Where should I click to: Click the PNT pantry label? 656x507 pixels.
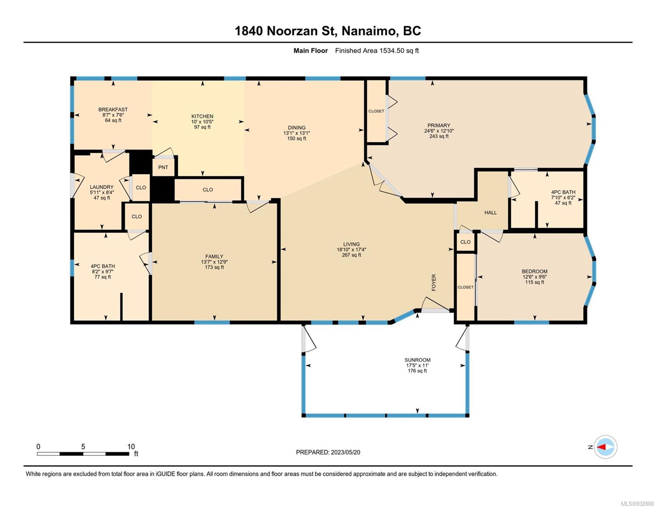pos(163,167)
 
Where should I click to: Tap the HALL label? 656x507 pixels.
pos(490,213)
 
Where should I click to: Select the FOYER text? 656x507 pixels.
pos(434,282)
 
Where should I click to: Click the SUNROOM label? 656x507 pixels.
pos(417,360)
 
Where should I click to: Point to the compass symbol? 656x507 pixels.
pos(605,447)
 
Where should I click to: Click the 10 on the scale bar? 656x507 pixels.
pos(131,447)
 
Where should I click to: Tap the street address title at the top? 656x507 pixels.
pos(328,31)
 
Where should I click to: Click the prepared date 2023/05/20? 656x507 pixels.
pos(346,452)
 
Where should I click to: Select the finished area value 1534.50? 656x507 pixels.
pos(392,51)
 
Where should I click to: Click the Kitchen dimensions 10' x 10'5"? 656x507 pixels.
pos(202,122)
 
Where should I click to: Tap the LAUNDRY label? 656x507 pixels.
pos(102,187)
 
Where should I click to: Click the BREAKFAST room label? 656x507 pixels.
pos(113,109)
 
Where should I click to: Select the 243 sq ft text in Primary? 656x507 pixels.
pos(439,136)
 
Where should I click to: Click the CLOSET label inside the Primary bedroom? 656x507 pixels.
pos(376,111)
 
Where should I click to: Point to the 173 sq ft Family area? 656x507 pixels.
pos(214,267)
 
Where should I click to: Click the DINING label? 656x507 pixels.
pos(297,128)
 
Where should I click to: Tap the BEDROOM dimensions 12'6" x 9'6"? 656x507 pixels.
pos(535,277)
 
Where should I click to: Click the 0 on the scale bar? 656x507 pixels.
pos(38,447)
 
